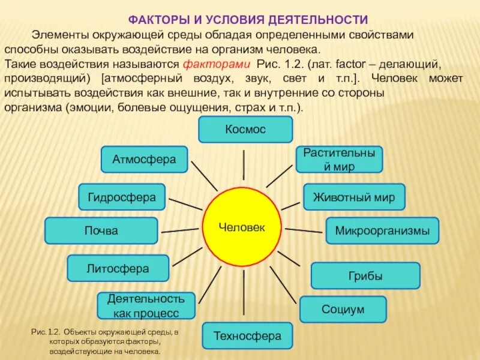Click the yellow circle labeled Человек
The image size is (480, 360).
(x=242, y=227)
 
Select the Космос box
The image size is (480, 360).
(x=245, y=129)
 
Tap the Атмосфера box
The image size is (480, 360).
(x=144, y=160)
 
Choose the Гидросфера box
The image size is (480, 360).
(x=122, y=197)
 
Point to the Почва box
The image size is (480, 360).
(x=101, y=230)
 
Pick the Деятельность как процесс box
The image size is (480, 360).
(x=146, y=305)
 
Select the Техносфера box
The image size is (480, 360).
(x=247, y=336)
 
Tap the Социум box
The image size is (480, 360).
(x=343, y=309)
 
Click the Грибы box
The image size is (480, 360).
(x=365, y=276)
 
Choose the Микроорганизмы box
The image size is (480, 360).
(x=382, y=230)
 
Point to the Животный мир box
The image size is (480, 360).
(x=354, y=197)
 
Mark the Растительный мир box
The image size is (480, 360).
(x=339, y=159)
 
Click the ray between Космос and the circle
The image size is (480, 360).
(x=244, y=164)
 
